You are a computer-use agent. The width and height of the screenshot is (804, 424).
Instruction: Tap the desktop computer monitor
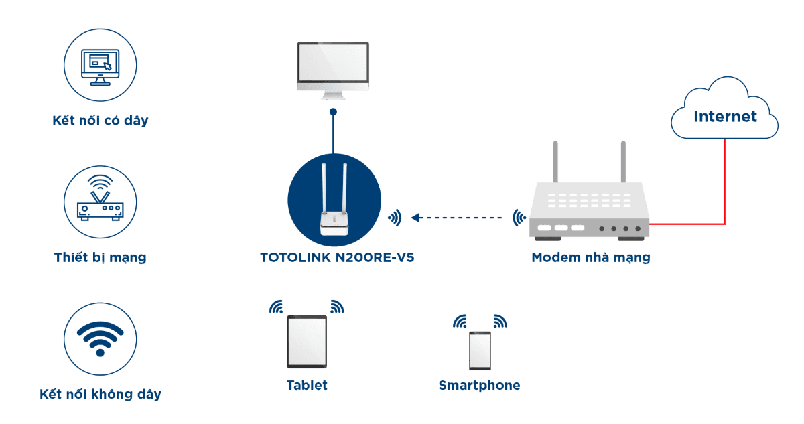[x=333, y=67]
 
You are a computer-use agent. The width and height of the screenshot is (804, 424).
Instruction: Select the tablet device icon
[x=307, y=342]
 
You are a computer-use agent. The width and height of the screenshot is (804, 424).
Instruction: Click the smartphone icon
[x=480, y=350]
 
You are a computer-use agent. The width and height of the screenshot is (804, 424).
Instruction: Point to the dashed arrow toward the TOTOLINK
[x=456, y=218]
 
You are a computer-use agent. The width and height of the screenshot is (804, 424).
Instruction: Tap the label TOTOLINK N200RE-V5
[x=336, y=257]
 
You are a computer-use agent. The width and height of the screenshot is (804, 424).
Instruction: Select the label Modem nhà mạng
[x=590, y=257]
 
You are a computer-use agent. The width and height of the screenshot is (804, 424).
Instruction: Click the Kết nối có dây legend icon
[x=100, y=64]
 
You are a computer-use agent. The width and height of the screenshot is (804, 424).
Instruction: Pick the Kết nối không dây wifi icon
[x=100, y=338]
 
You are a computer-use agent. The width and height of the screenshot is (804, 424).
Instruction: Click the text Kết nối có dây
[x=100, y=121]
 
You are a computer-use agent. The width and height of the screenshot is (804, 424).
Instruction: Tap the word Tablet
[x=307, y=385]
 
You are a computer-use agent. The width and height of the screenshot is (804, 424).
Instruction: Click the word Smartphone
[x=479, y=385]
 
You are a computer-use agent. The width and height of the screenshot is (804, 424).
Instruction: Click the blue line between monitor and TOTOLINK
[x=333, y=134]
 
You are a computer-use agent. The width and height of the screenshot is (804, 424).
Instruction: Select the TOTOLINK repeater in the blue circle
[x=334, y=201]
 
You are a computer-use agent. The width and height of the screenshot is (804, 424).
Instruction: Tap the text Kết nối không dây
[x=100, y=394]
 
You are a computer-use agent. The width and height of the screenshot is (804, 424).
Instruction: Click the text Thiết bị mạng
[x=100, y=257]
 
